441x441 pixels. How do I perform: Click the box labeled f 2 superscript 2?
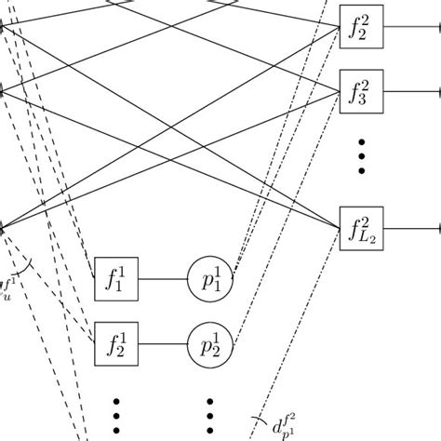click(x=359, y=26)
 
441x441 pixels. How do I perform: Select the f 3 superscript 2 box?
click(x=359, y=91)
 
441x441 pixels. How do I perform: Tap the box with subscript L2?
click(x=359, y=228)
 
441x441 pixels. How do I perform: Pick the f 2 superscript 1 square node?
click(x=116, y=344)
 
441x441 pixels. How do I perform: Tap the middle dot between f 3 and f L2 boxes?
click(x=360, y=156)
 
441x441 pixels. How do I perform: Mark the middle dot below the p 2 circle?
click(x=210, y=416)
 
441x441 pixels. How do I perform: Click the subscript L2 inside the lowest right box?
click(x=365, y=234)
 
